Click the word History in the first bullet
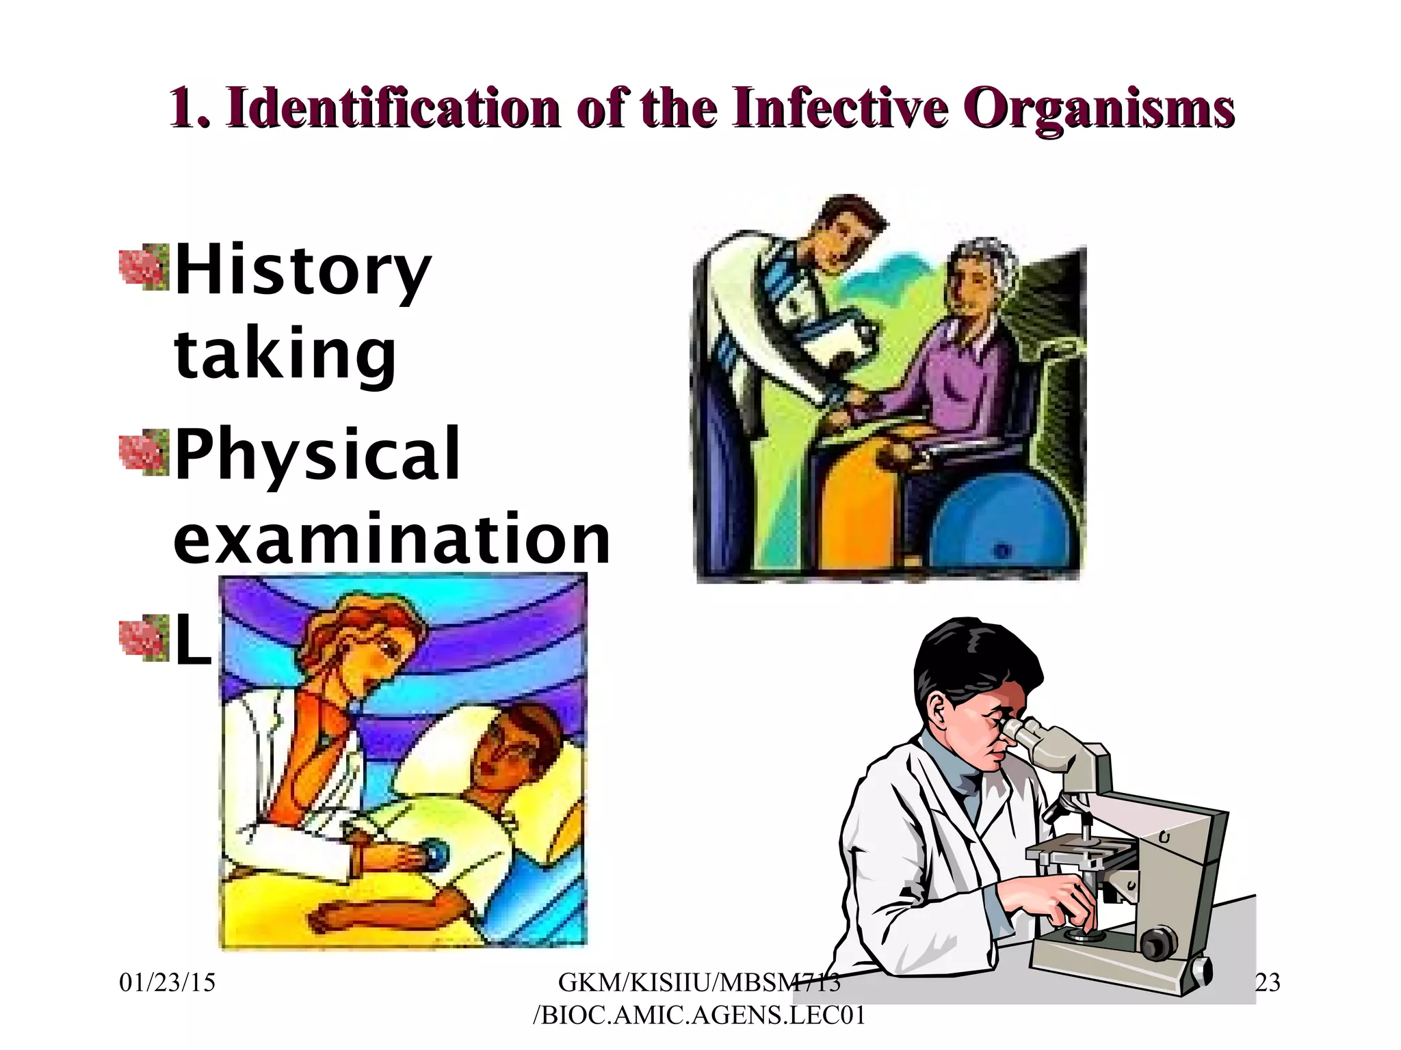tap(303, 271)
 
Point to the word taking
tap(285, 353)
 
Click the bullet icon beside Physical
tap(144, 452)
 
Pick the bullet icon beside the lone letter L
tap(144, 637)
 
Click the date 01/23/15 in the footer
tap(167, 983)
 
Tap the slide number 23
tap(1267, 983)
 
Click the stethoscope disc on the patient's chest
tap(434, 852)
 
